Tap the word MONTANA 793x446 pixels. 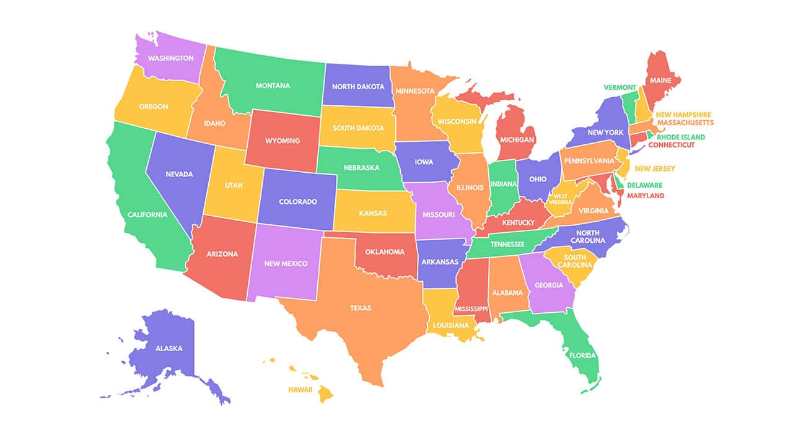(x=273, y=85)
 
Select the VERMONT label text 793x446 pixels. (x=619, y=87)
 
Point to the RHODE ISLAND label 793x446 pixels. (x=681, y=137)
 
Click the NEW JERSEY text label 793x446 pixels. (x=655, y=168)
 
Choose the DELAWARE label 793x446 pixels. (x=644, y=185)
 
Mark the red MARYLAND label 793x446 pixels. (x=646, y=196)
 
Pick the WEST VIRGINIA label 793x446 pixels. (x=560, y=199)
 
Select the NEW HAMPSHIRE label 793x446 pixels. (x=683, y=115)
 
